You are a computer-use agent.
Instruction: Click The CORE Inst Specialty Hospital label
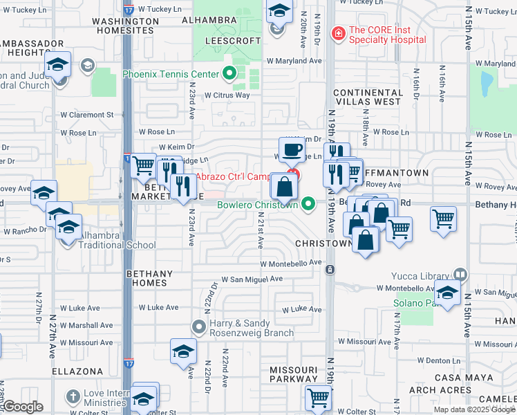(x=386, y=34)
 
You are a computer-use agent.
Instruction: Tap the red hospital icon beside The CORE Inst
(x=338, y=33)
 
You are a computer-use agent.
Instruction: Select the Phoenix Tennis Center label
(x=171, y=74)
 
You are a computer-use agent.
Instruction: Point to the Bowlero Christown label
(x=257, y=205)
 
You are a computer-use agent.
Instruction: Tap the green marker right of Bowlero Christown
(x=309, y=204)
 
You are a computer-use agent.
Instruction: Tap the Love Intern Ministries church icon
(x=74, y=397)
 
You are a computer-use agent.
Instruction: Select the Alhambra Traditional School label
(x=116, y=240)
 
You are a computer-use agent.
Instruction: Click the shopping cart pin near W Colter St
(x=318, y=398)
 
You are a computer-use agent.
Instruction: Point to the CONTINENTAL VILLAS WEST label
(x=368, y=98)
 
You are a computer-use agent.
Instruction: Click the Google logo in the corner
(x=23, y=407)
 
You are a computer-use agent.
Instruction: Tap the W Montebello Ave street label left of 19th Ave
(x=291, y=263)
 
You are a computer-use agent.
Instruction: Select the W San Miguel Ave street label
(x=252, y=279)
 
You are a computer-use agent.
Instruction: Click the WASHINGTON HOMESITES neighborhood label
(x=123, y=26)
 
